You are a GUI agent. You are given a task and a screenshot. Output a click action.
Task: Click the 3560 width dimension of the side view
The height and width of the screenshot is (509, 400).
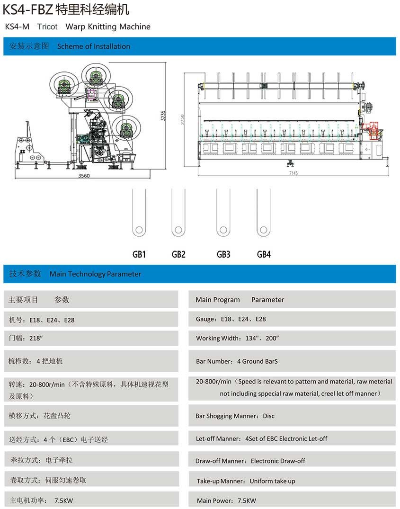(x=84, y=176)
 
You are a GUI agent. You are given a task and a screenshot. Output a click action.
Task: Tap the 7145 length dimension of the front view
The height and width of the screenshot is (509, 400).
(x=293, y=173)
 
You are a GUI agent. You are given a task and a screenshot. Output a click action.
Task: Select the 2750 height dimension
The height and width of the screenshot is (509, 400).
(x=182, y=119)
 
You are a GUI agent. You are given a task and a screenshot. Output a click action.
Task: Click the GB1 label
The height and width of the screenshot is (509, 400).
(x=139, y=254)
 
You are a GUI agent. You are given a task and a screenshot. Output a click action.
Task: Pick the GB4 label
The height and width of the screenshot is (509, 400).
(x=264, y=254)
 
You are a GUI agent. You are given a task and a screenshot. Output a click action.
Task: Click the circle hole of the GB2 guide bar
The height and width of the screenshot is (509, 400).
(x=178, y=230)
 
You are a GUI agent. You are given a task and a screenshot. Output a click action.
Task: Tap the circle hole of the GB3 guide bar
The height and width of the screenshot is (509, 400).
(x=223, y=230)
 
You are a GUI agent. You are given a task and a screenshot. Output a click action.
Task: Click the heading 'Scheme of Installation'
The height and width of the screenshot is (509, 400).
(x=93, y=46)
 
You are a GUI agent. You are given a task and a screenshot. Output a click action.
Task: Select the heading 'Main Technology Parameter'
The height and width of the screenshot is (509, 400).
(x=95, y=274)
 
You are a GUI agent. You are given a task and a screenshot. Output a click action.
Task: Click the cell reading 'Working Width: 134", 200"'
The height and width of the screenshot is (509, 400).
(x=237, y=338)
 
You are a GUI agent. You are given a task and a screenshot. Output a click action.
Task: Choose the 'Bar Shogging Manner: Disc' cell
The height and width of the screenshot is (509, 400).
(x=235, y=416)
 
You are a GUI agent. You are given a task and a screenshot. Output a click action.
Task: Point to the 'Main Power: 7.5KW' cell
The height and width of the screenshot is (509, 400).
(x=226, y=500)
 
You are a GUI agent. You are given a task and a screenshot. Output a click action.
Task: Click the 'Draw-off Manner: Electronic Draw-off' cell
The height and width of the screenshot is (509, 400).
(x=250, y=461)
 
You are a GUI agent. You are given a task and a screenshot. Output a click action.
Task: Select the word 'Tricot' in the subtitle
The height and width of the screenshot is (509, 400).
(x=47, y=27)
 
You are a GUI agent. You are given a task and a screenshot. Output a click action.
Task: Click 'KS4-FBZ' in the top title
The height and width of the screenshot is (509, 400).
(x=27, y=9)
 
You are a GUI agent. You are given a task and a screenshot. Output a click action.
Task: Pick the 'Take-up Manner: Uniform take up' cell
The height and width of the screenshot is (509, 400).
(x=246, y=481)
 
